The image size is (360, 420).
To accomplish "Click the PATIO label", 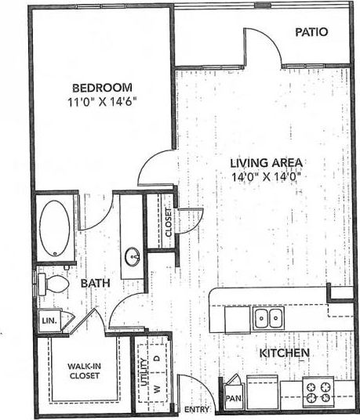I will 311,32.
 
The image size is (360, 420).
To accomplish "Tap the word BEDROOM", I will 103,88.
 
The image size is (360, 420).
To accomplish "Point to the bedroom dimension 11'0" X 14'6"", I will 103,102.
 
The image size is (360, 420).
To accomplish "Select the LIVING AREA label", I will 267,163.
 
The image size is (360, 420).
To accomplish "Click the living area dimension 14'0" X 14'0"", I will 267,176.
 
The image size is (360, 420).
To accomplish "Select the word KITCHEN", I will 284,353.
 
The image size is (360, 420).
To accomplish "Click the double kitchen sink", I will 268,317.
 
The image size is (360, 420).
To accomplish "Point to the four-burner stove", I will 318,391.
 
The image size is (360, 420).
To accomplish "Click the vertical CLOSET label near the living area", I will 168,225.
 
